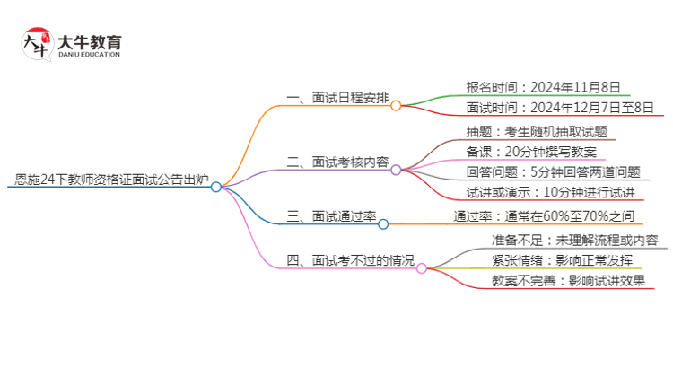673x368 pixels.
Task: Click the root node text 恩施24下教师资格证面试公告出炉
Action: [x=112, y=181]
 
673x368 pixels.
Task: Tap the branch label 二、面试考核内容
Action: [x=337, y=162]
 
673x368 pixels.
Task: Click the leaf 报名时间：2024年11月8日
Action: [x=543, y=87]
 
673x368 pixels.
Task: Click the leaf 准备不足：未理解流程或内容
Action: [x=575, y=240]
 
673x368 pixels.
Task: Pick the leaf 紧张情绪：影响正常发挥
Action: [x=563, y=260]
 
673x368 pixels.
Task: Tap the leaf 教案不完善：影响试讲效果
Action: [x=568, y=280]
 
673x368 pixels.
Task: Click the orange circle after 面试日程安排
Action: [x=396, y=105]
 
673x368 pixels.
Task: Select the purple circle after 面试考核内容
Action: [x=396, y=170]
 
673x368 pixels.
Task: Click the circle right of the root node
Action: [x=215, y=187]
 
